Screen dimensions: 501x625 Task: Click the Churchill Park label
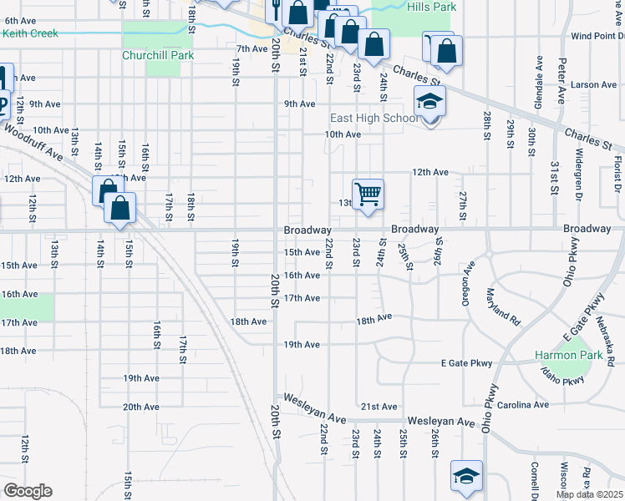(157, 55)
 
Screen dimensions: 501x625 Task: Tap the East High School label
(374, 118)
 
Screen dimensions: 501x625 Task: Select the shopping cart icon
(368, 194)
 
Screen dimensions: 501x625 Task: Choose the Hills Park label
(430, 7)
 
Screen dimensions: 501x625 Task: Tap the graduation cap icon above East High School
(430, 101)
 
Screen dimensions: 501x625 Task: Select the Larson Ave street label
(594, 85)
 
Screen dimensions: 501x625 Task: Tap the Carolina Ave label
(525, 405)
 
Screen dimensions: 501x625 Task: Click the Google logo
(27, 490)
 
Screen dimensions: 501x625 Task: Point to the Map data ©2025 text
(588, 494)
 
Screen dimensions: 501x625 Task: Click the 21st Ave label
(379, 407)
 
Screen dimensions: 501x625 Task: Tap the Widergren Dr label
(577, 175)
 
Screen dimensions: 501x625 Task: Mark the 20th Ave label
(141, 407)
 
